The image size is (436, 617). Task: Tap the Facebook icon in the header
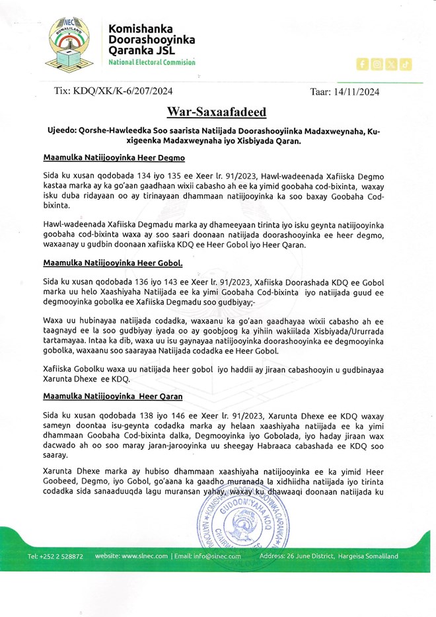point(361,64)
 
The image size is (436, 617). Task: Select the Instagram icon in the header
point(376,64)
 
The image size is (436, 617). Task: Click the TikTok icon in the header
point(406,64)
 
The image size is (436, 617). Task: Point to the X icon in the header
point(391,64)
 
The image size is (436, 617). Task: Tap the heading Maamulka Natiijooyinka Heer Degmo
point(114,158)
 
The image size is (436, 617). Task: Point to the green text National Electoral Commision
point(152,62)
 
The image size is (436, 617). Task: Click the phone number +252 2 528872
point(55,556)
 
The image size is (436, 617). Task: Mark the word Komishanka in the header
point(140,29)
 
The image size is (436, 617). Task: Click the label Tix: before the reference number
point(64,93)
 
